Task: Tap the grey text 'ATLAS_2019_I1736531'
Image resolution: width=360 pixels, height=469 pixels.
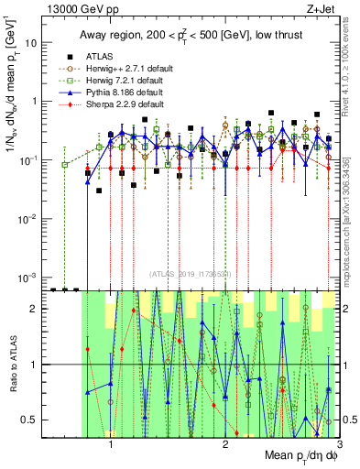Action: point(191,274)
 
